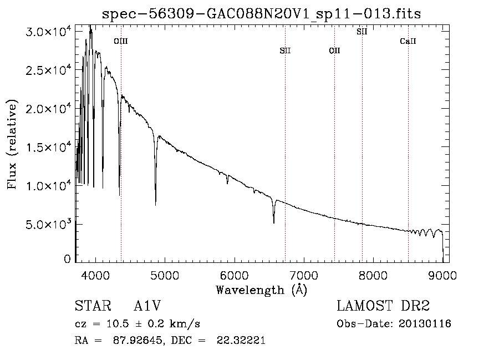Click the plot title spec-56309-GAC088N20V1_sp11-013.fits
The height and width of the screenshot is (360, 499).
pos(261,14)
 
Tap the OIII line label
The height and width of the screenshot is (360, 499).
pos(121,41)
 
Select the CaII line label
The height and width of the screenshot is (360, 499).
pos(408,41)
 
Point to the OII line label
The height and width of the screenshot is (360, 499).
pos(334,50)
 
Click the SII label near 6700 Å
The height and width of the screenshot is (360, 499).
pos(285,50)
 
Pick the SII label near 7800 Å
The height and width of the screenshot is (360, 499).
pos(362,32)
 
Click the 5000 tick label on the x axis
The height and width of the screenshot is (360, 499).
pos(165,275)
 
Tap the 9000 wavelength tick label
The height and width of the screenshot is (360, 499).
pos(442,275)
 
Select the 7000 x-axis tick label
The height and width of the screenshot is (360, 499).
pos(304,275)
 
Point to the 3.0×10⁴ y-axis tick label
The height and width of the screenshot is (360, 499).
pos(49,32)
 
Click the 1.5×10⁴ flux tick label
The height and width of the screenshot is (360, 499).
pos(49,148)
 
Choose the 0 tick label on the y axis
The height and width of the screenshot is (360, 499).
pos(67,259)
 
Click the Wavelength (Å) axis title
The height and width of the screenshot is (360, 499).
pos(262,290)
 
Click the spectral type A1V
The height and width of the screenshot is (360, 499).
pos(147,306)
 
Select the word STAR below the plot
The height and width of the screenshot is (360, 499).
pos(93,306)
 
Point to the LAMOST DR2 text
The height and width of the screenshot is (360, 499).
pos(383,306)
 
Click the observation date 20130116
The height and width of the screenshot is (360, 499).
pos(425,324)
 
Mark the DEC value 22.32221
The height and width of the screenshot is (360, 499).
pos(241,340)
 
